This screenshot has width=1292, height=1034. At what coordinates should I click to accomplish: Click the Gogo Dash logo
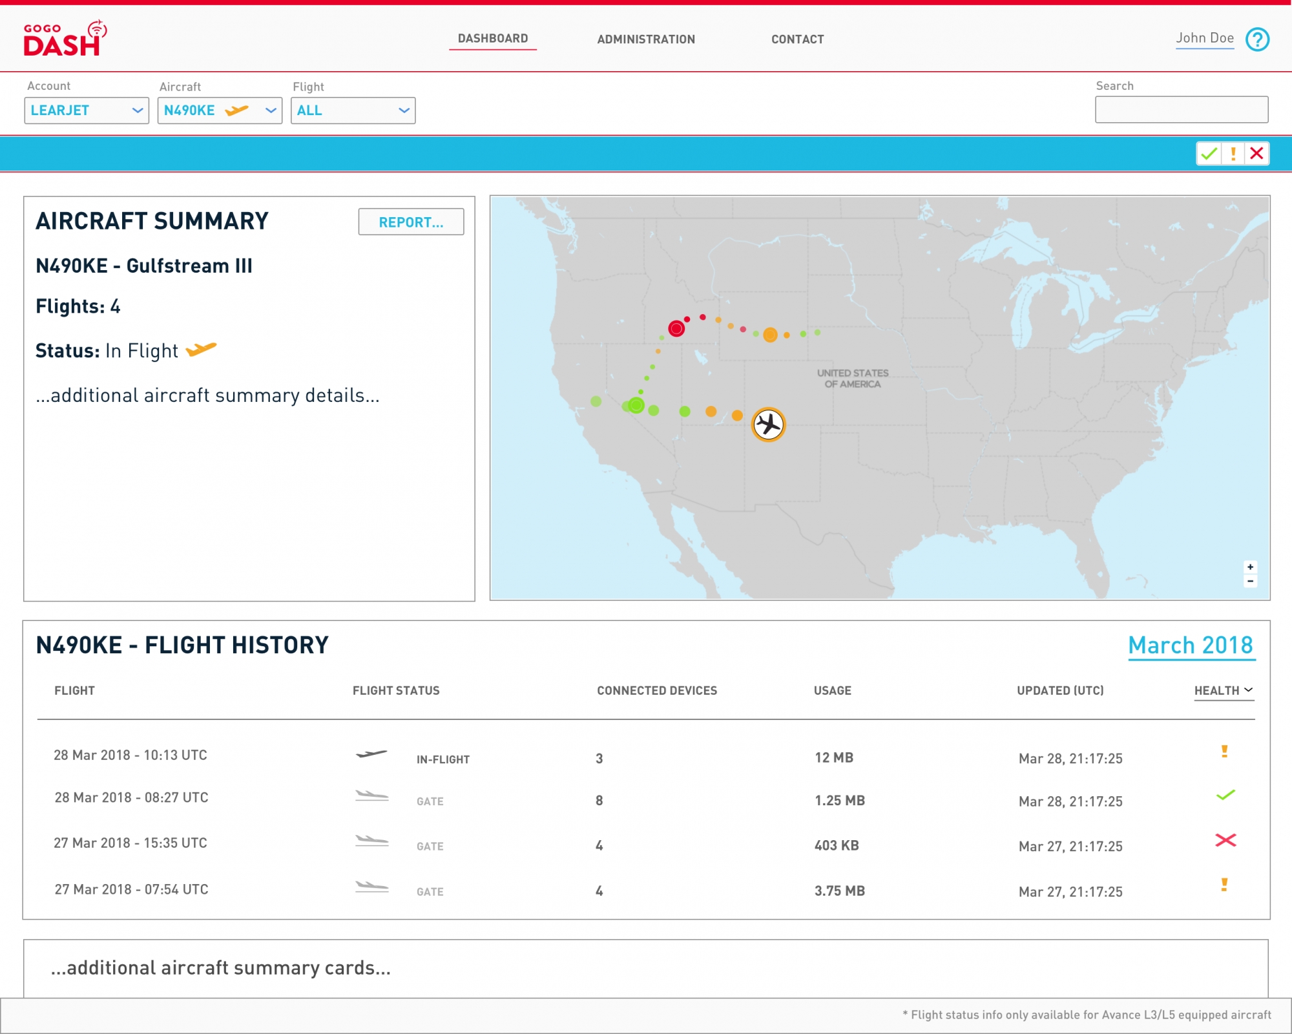65,38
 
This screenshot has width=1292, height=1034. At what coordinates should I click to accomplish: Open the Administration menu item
646,39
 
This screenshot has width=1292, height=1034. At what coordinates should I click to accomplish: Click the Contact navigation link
798,39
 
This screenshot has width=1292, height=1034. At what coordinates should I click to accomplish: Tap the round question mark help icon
1257,39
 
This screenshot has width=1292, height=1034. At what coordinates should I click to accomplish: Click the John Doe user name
1205,38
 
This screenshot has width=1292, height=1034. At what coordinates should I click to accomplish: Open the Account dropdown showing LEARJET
87,111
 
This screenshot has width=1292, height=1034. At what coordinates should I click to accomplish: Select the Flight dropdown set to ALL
353,111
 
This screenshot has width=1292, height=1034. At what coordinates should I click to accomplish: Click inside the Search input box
1182,110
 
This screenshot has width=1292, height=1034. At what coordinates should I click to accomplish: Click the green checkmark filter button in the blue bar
1209,154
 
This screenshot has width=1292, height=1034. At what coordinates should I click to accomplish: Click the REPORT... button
411,222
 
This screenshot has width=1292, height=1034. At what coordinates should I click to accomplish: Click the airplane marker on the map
768,425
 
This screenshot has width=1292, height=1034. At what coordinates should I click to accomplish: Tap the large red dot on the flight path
676,329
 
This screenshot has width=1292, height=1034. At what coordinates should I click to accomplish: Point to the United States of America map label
853,379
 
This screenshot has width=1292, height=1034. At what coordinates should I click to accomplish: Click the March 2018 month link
1191,645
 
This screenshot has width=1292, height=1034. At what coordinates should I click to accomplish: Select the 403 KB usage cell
837,845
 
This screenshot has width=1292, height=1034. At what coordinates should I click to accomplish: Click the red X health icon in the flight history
1225,840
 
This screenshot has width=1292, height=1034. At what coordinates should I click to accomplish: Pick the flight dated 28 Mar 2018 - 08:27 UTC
131,797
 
